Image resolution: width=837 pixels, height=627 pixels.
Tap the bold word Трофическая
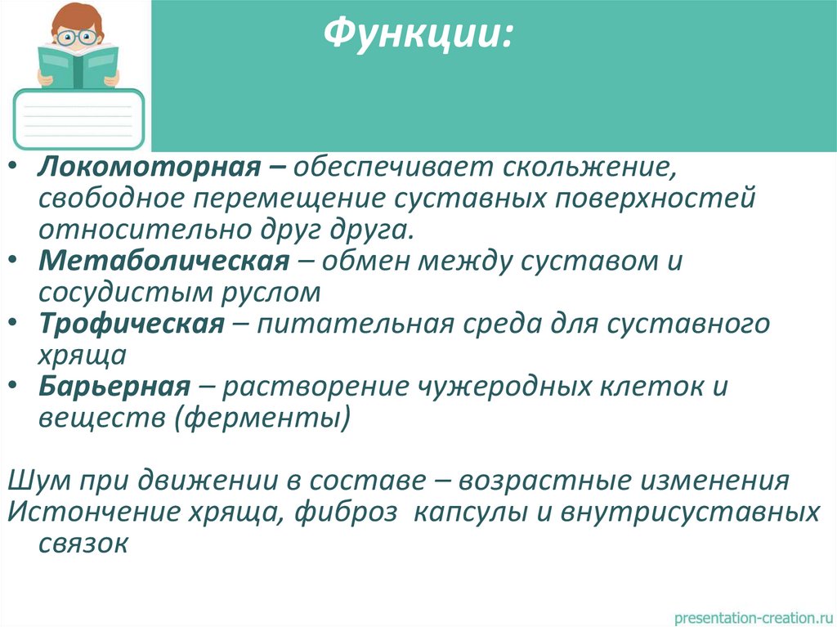pyautogui.click(x=131, y=324)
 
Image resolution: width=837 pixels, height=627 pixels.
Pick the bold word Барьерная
pyautogui.click(x=114, y=386)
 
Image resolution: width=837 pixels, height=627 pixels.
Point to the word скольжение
pyautogui.click(x=584, y=168)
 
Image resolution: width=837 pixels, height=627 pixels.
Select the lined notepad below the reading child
pyautogui.click(x=78, y=117)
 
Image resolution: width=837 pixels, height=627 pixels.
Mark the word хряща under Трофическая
pyautogui.click(x=82, y=355)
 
